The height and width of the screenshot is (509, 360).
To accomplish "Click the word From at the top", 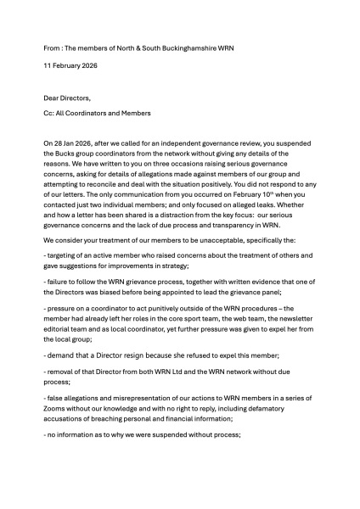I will pos(53,49).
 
